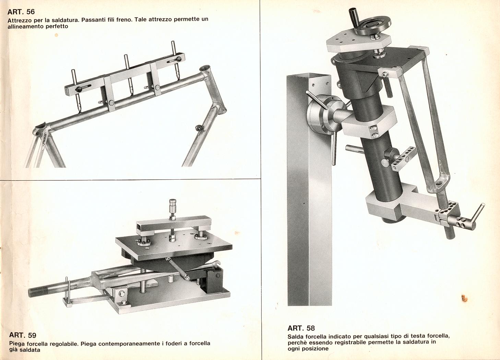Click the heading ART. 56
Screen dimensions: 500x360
click(x=21, y=12)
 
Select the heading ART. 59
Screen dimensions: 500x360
click(x=23, y=335)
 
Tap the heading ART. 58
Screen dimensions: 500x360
click(x=301, y=328)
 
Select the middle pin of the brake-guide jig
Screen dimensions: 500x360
click(x=129, y=75)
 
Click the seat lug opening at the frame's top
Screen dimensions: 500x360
click(x=205, y=68)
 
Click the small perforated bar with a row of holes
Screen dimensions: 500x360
click(x=404, y=158)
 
